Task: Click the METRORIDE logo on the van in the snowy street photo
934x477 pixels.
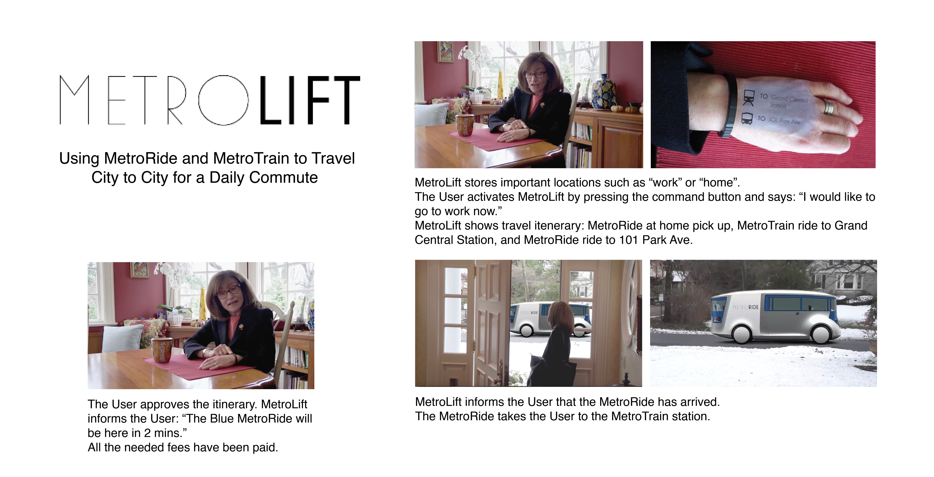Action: pos(746,307)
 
